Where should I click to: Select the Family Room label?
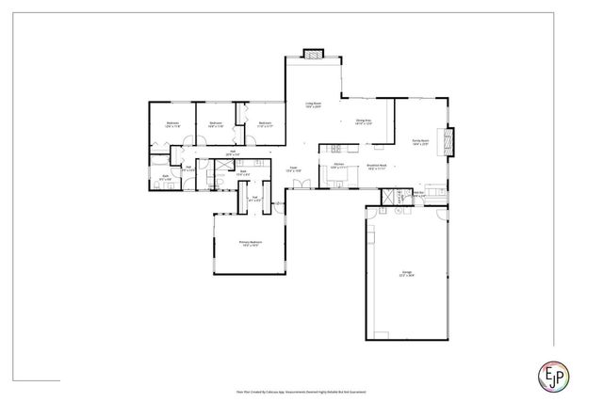point(420,143)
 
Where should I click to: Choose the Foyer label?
point(294,169)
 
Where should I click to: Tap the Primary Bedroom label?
point(250,245)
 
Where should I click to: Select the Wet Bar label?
point(418,195)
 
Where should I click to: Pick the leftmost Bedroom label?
point(172,124)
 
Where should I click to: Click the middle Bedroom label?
point(216,124)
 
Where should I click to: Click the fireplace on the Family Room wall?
point(449,140)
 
